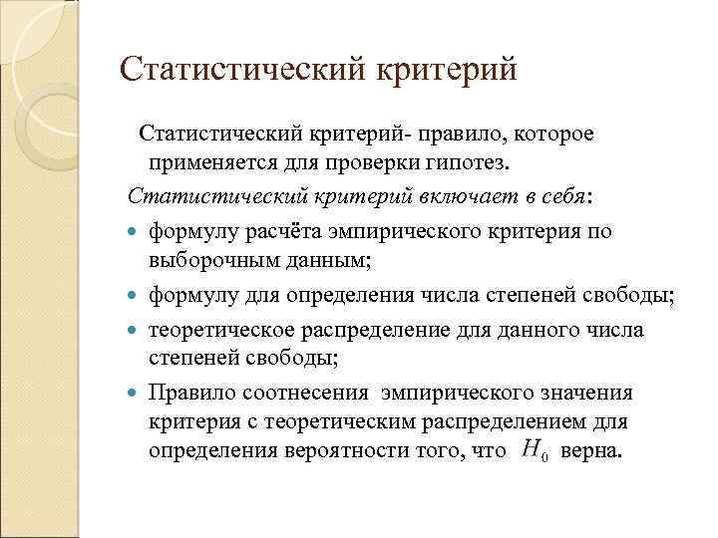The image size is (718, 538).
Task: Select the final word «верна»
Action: pos(591,450)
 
